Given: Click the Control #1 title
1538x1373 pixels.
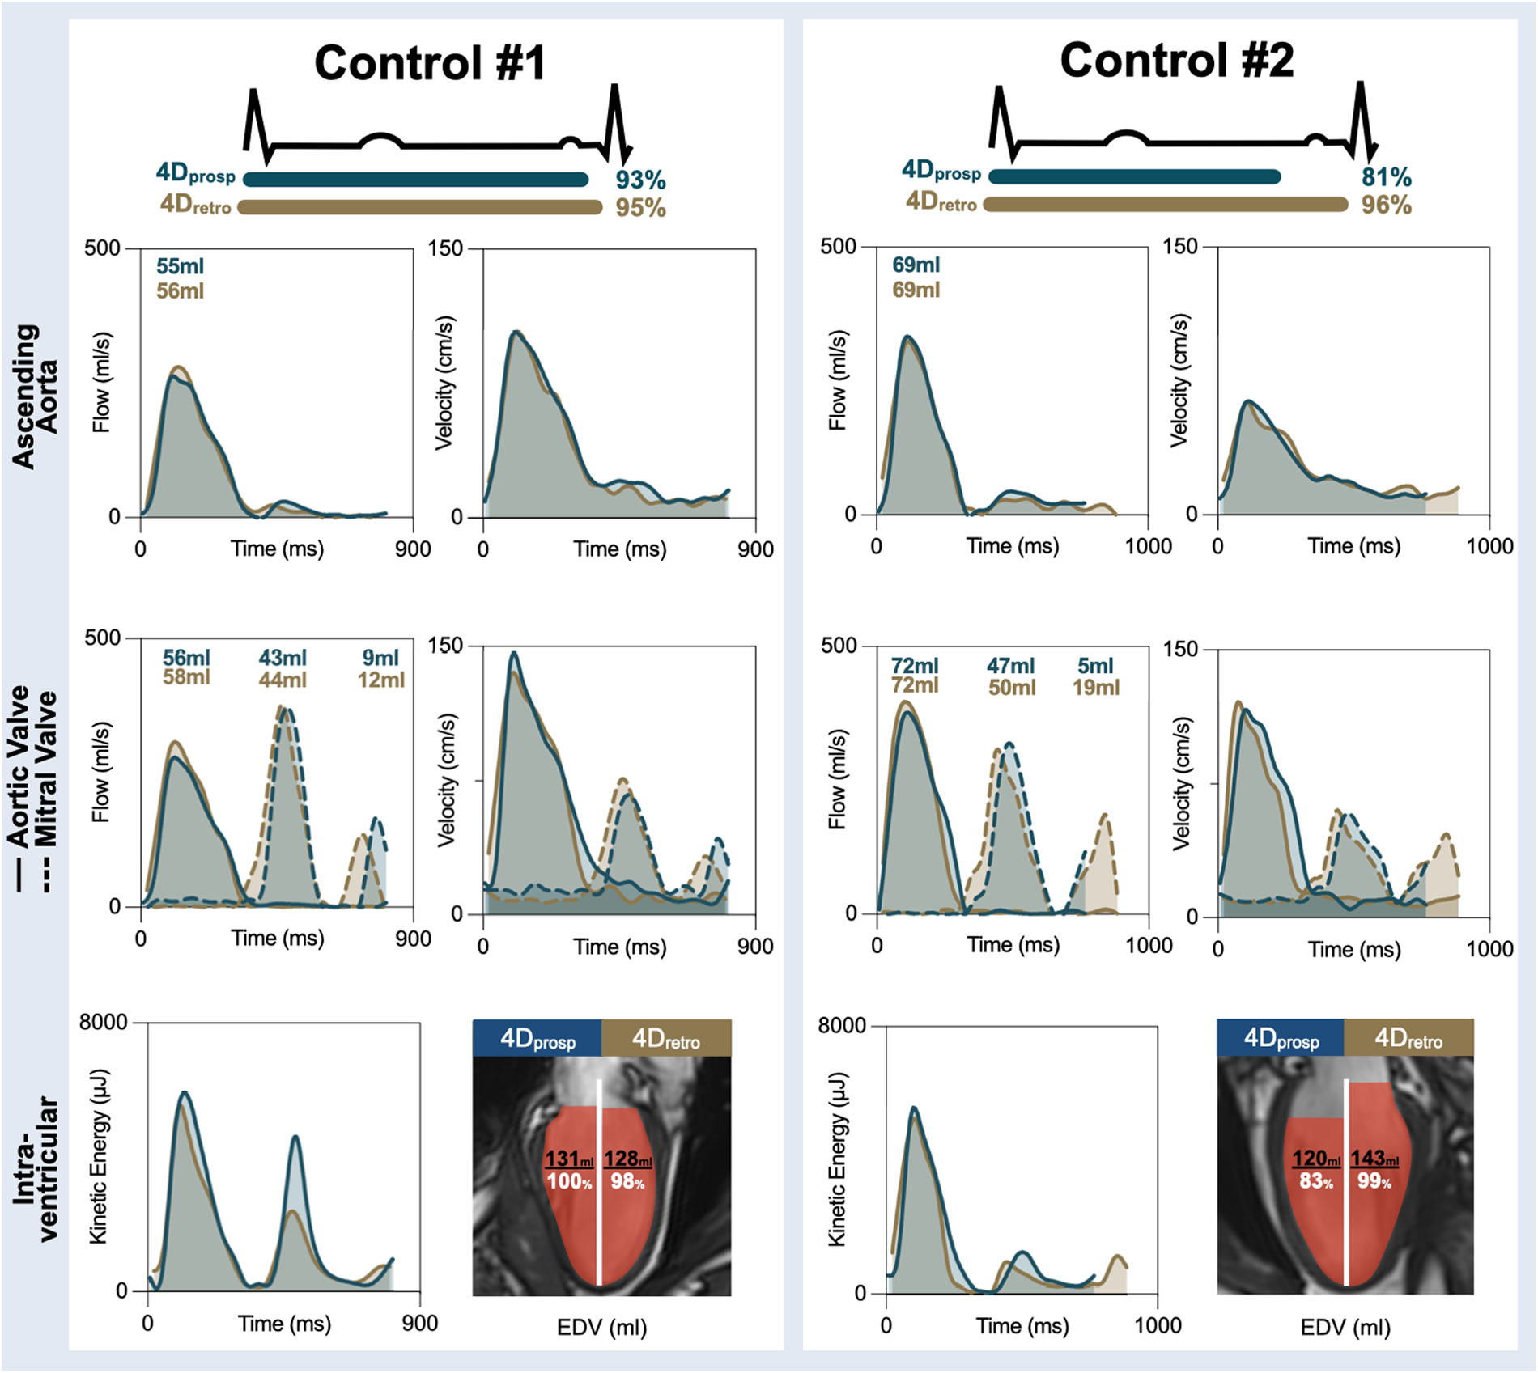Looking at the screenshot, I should [x=430, y=63].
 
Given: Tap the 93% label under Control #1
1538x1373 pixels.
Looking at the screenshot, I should [x=639, y=180].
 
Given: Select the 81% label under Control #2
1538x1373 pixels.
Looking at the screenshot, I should [x=1386, y=176].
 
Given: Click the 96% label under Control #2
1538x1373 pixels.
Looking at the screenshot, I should [x=1386, y=205].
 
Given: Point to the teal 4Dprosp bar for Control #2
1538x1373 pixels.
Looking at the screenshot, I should [x=1134, y=176].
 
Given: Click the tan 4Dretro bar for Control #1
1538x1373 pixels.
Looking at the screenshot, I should [x=420, y=207].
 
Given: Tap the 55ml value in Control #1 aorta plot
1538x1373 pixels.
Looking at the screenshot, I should [x=180, y=266].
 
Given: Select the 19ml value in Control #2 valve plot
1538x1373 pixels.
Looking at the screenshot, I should [x=1095, y=688].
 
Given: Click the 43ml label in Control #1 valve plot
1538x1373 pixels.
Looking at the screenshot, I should [x=283, y=658].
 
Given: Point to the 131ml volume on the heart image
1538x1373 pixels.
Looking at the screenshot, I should [x=569, y=1159].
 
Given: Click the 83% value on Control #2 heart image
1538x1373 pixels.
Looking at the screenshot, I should [x=1315, y=1181].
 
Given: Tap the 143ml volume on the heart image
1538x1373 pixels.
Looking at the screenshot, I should [x=1374, y=1159].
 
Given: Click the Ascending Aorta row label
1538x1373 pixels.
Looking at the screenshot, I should [x=34, y=396].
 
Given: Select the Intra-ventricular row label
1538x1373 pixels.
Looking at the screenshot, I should [x=36, y=1169].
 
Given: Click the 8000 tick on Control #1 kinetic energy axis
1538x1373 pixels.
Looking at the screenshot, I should [x=103, y=1023].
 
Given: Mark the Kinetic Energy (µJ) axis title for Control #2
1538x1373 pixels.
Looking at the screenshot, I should [x=837, y=1159].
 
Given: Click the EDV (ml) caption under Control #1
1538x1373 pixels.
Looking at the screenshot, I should [x=601, y=1328].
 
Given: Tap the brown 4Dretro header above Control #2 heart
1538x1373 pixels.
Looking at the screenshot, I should [x=1408, y=1038].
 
